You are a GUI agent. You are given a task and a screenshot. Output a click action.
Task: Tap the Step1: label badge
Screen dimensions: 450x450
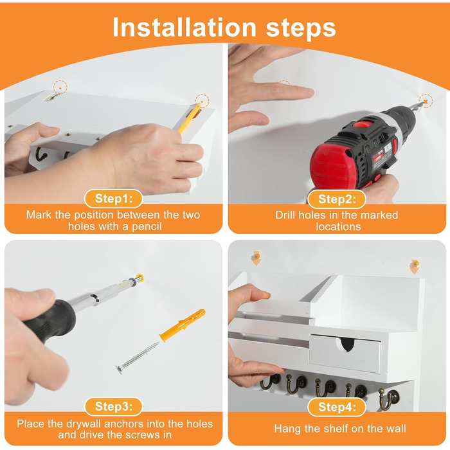click(114, 199)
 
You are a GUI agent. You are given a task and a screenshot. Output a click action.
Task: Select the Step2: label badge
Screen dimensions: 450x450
click(337, 199)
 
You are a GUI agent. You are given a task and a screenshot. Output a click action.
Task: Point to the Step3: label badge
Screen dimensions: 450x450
click(114, 406)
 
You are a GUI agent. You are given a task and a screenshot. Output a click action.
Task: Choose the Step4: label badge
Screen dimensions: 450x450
click(337, 407)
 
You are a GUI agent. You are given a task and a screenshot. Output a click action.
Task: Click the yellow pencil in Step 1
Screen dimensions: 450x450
click(189, 118)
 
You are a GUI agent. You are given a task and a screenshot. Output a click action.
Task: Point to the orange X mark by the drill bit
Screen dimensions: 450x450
click(426, 102)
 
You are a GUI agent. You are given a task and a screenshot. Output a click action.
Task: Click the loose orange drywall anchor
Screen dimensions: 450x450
click(183, 325)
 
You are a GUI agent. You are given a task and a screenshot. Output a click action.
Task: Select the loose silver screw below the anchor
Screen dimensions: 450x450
click(138, 357)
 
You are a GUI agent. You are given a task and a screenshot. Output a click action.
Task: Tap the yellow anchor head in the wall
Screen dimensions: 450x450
click(139, 278)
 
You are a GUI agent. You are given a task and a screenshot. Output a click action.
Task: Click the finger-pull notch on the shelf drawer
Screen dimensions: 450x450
click(347, 344)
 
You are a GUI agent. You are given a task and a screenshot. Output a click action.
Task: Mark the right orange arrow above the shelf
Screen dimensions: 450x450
click(415, 267)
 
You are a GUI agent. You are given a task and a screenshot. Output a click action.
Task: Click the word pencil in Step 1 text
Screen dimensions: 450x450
click(147, 227)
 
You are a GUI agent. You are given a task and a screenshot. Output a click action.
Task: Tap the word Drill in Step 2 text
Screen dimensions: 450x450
click(286, 215)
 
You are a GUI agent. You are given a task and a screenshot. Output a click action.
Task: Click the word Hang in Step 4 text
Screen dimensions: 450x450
click(288, 429)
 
